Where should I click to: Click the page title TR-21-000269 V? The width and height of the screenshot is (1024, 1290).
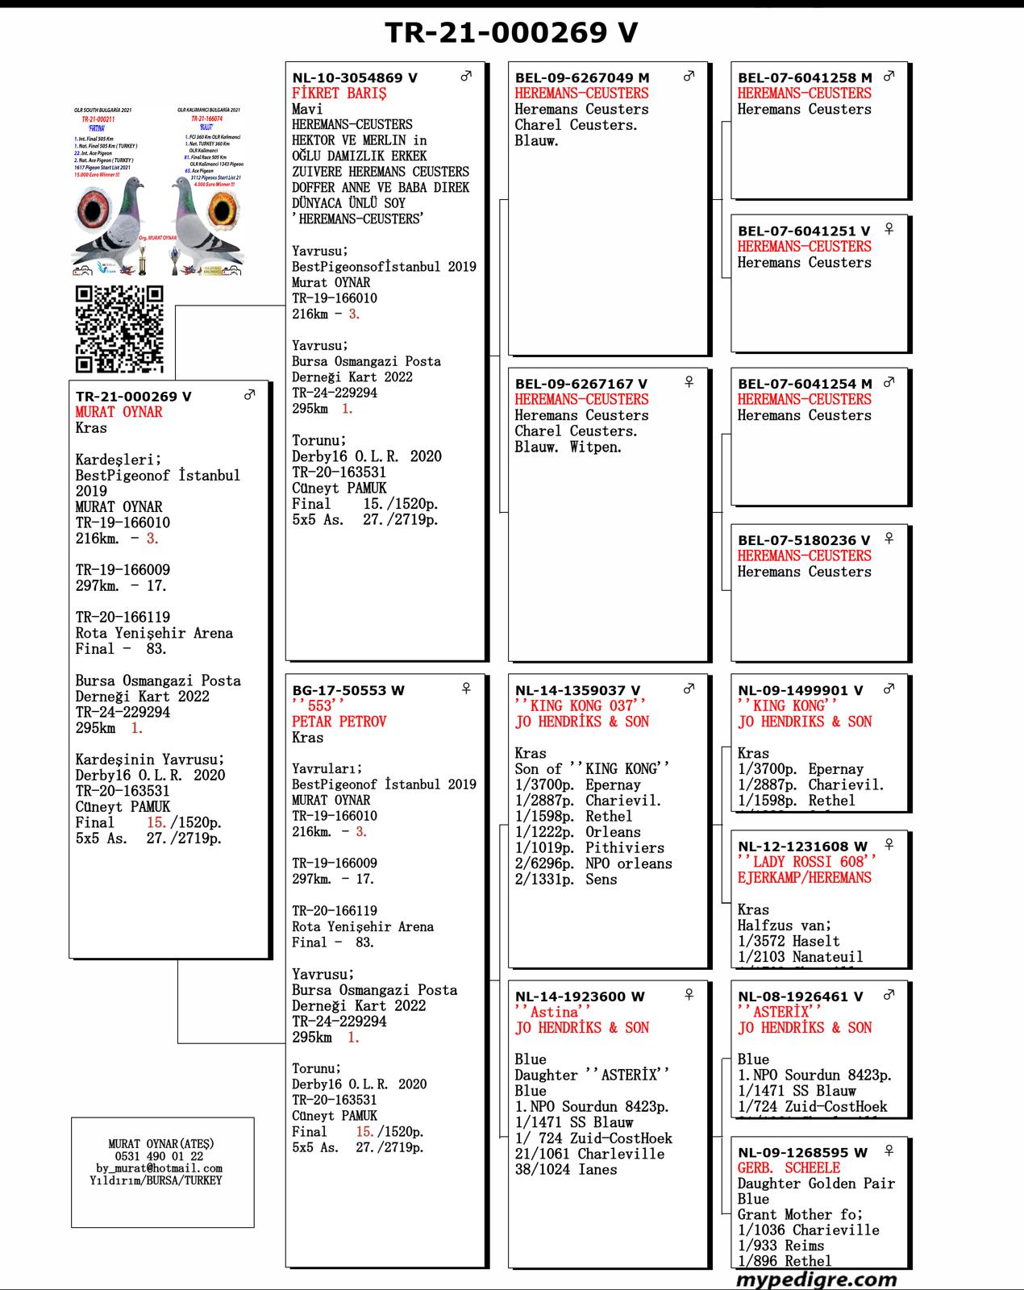(511, 32)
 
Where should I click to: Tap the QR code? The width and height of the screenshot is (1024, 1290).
(119, 329)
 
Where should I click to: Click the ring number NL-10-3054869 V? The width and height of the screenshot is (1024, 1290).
(355, 78)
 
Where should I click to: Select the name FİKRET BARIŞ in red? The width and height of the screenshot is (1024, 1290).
(339, 94)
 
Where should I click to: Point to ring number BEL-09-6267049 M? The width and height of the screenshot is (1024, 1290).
(582, 78)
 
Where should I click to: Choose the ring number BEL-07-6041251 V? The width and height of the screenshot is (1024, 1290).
(804, 231)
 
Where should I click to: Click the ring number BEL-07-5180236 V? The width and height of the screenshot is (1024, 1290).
(804, 540)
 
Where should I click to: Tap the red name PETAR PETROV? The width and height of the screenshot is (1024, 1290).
(339, 722)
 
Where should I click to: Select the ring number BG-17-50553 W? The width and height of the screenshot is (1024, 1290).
(348, 691)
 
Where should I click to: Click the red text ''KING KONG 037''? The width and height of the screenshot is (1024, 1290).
(581, 706)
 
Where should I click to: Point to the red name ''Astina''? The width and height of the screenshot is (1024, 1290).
(553, 1013)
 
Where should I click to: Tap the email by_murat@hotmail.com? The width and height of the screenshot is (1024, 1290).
(160, 1168)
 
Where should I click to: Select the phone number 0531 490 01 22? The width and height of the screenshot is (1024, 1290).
(160, 1156)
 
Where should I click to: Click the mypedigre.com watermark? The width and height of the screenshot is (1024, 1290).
(816, 1279)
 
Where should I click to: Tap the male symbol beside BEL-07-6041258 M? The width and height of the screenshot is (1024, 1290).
(889, 77)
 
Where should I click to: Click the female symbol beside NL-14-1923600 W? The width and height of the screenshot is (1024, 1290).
(689, 995)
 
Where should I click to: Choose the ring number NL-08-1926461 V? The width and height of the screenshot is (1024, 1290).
(800, 997)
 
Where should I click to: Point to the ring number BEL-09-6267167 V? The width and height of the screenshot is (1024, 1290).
(581, 385)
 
